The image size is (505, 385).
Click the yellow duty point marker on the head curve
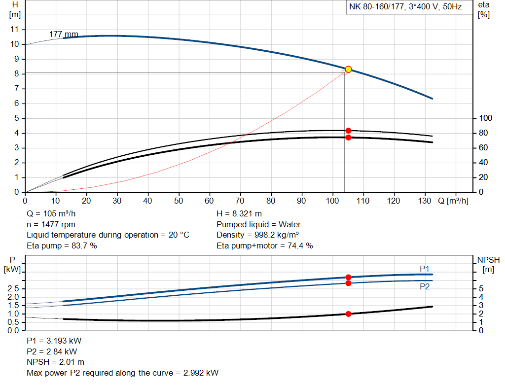(x=348, y=70)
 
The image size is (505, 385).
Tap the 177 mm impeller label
(x=64, y=35)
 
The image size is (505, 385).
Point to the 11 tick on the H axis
(x=15, y=30)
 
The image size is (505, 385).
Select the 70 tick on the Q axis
(x=241, y=201)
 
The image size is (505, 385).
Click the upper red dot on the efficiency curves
(x=348, y=131)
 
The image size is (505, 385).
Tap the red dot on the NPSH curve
(x=348, y=314)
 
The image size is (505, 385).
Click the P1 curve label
(x=425, y=269)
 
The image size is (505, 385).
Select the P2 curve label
(x=425, y=286)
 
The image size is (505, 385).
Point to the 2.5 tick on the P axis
(x=14, y=289)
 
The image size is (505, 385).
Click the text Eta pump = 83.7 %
(x=62, y=245)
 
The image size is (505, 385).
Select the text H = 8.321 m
(x=240, y=214)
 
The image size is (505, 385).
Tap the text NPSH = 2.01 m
(x=55, y=362)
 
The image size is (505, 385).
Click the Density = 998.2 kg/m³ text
(x=258, y=235)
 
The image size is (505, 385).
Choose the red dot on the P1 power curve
(x=348, y=278)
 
